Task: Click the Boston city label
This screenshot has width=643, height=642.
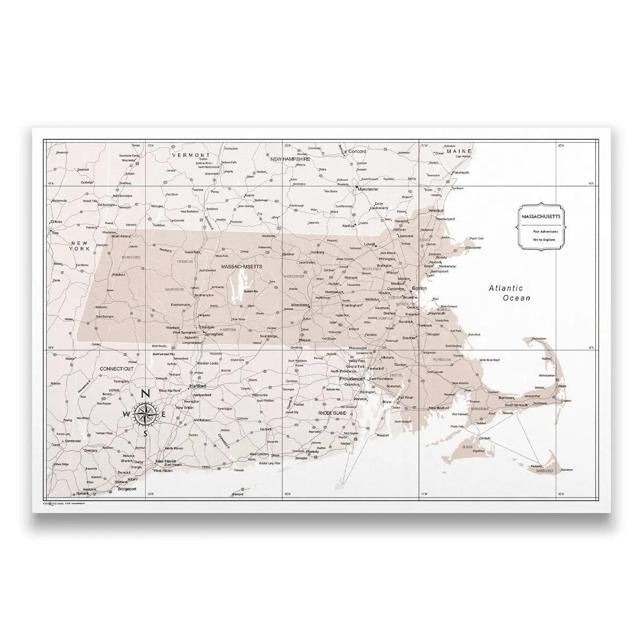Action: coord(420,288)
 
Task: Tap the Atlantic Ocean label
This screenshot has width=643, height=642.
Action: coord(509,293)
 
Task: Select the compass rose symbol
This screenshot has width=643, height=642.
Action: coord(145,414)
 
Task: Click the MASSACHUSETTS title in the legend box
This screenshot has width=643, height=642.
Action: coord(539,216)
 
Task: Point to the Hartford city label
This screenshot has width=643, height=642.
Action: coord(198,386)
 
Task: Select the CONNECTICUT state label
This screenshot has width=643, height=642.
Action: coord(116,369)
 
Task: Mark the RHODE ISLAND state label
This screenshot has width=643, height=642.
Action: coord(332,414)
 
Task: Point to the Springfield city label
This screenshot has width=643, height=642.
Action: coord(214,334)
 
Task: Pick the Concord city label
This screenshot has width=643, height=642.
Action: coord(357,151)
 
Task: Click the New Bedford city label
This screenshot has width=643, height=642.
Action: coord(440,408)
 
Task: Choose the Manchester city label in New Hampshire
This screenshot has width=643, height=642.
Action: coord(368,189)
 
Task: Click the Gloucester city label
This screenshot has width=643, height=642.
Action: coord(473,248)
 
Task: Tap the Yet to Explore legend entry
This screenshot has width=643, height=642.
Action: coord(544,240)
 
